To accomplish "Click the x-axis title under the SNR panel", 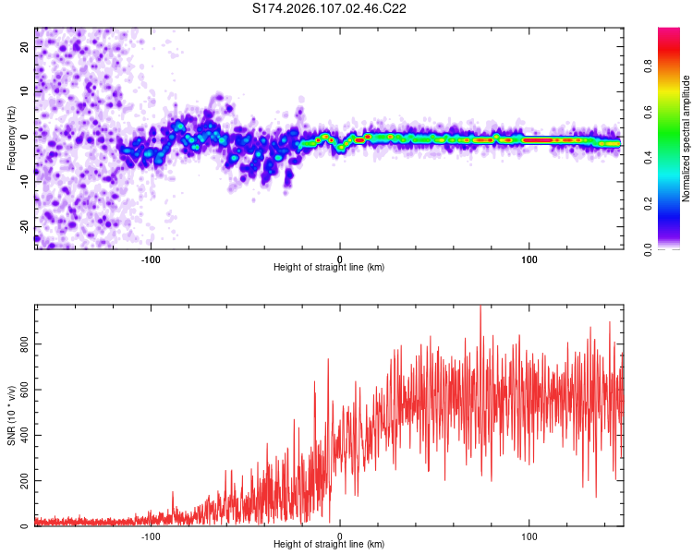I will (x=329, y=545).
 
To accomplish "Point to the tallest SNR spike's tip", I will (x=480, y=307).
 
